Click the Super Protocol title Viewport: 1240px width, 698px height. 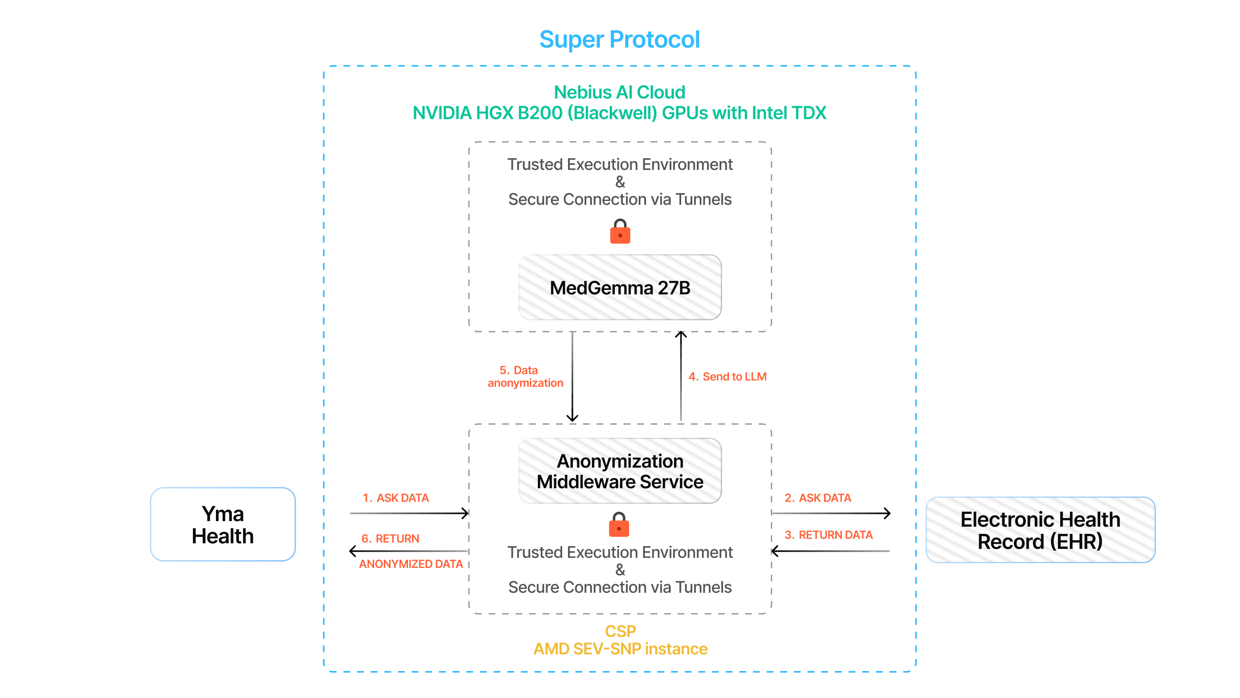[x=619, y=39]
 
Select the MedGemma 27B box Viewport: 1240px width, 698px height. [x=620, y=288]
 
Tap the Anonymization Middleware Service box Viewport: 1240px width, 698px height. [x=620, y=471]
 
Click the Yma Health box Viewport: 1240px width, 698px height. [x=222, y=524]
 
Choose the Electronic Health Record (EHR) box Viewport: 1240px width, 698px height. [x=1040, y=529]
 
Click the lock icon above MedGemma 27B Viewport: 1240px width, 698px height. [x=620, y=232]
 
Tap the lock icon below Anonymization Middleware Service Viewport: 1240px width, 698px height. [x=619, y=524]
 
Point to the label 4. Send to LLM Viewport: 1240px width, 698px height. [x=727, y=377]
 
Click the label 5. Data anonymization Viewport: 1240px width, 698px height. [x=525, y=377]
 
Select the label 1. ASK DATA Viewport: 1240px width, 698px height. [x=395, y=498]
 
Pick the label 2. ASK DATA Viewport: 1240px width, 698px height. [x=817, y=498]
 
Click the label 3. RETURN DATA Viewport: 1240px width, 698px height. [x=828, y=535]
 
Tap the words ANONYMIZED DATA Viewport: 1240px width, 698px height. [x=410, y=564]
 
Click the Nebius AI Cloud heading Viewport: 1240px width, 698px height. [x=619, y=92]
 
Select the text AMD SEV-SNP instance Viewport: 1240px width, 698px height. [x=620, y=649]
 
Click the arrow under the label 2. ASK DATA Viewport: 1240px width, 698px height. [x=830, y=513]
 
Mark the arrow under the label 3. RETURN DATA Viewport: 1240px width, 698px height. [x=830, y=551]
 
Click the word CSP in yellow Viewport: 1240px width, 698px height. [x=620, y=631]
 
